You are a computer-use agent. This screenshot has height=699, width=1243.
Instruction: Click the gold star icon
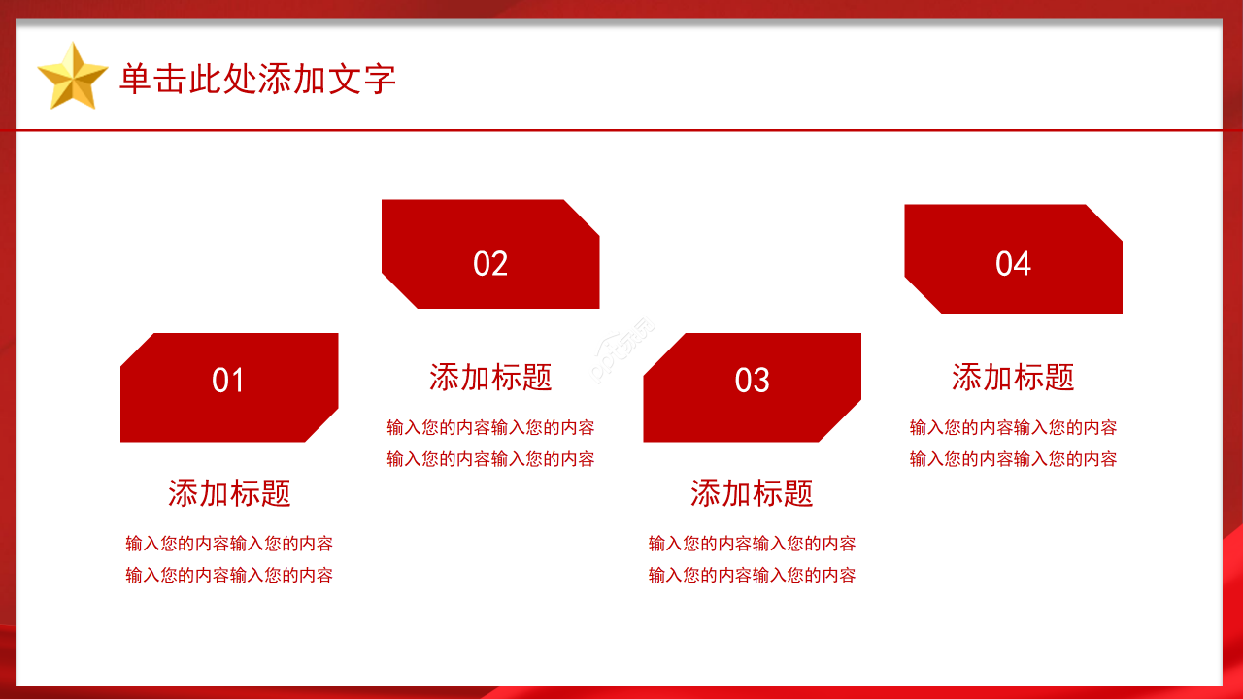pyautogui.click(x=72, y=77)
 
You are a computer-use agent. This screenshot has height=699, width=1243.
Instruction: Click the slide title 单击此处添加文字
pyautogui.click(x=258, y=79)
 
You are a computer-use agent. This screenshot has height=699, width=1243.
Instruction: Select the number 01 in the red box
pyautogui.click(x=227, y=381)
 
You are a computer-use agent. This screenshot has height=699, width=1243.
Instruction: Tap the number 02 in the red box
pyautogui.click(x=490, y=263)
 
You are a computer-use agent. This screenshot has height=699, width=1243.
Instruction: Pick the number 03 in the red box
pyautogui.click(x=752, y=381)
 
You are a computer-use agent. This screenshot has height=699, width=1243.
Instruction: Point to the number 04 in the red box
pyautogui.click(x=1013, y=263)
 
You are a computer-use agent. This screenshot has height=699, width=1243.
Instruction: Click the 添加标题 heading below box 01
pyautogui.click(x=229, y=493)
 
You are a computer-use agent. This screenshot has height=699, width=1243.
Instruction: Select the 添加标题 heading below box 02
pyautogui.click(x=490, y=378)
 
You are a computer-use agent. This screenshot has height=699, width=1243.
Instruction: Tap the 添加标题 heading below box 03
pyautogui.click(x=752, y=493)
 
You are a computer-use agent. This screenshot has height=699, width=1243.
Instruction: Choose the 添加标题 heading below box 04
pyautogui.click(x=1013, y=378)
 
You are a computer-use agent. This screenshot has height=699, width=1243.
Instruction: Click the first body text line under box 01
pyautogui.click(x=229, y=544)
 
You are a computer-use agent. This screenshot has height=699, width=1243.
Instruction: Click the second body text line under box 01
pyautogui.click(x=229, y=576)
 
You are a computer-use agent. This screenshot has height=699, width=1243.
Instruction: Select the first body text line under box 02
pyautogui.click(x=490, y=428)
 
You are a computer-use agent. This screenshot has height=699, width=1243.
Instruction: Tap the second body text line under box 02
pyautogui.click(x=490, y=459)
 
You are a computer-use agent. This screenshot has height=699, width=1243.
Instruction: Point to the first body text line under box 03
pyautogui.click(x=752, y=544)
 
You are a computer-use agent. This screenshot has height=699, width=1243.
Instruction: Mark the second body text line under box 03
pyautogui.click(x=752, y=576)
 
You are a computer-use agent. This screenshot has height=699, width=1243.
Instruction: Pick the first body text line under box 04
pyautogui.click(x=1013, y=428)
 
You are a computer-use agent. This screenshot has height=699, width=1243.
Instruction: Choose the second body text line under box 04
pyautogui.click(x=1013, y=459)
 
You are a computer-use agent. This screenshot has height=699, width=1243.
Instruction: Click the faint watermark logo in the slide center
pyautogui.click(x=621, y=350)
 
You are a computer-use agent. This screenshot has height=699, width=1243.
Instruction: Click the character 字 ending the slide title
pyautogui.click(x=380, y=79)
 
